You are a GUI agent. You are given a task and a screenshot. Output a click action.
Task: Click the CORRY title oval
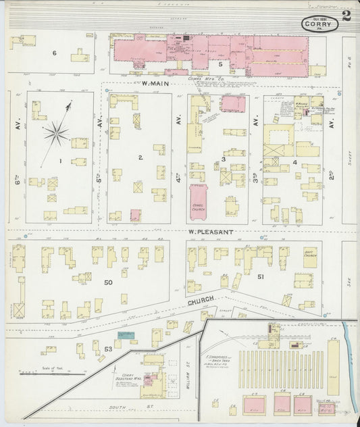click(319, 24)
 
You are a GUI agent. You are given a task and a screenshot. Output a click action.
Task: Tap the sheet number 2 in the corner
click(346, 16)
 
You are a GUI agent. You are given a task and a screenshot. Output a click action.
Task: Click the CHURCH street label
click(201, 298)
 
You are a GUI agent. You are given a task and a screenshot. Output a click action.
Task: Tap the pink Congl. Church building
click(199, 202)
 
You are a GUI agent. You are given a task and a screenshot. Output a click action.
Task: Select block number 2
click(140, 157)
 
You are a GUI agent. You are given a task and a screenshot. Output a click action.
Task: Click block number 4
click(295, 162)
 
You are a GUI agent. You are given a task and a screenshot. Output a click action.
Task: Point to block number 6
click(55, 53)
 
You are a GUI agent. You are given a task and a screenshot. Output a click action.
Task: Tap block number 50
click(107, 282)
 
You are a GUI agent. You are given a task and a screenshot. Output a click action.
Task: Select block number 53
click(107, 348)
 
